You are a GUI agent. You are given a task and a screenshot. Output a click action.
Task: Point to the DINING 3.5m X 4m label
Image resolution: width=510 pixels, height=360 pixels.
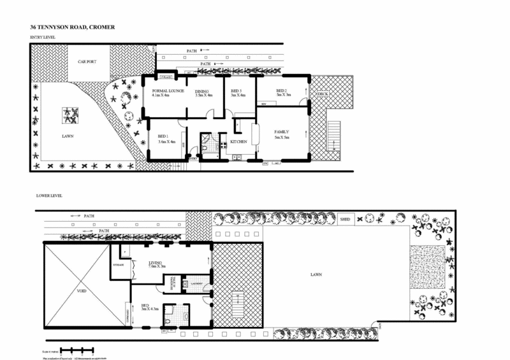pos(203,94)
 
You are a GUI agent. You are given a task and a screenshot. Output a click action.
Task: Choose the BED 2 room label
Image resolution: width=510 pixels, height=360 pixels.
pos(283,93)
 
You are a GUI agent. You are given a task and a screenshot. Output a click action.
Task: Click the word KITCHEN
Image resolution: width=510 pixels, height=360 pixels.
pos(238,142)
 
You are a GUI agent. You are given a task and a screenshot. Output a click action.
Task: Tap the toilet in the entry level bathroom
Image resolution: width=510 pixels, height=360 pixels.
pos(204,148)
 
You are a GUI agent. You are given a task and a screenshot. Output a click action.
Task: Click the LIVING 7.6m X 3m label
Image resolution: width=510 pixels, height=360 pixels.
pos(157,264)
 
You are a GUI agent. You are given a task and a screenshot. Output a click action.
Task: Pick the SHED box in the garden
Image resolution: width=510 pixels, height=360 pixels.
pos(345,219)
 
